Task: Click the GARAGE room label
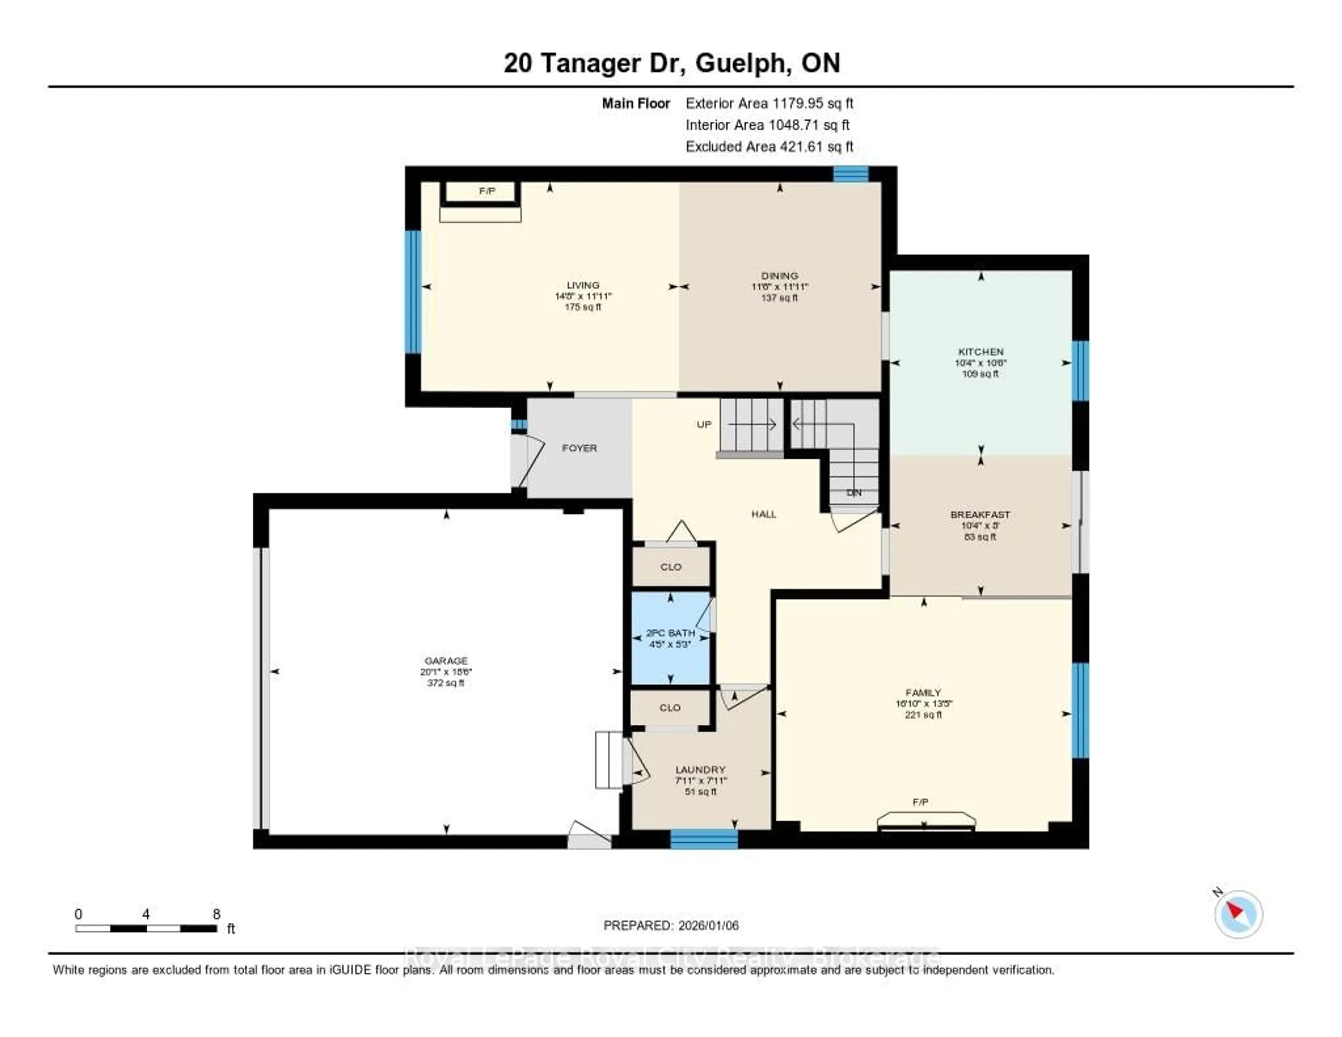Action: coord(446,661)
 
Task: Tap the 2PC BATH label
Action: coord(670,632)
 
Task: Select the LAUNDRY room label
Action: coord(700,770)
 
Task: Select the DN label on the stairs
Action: coord(853,493)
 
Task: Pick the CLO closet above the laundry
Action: coord(670,708)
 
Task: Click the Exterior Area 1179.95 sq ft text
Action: coord(769,103)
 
